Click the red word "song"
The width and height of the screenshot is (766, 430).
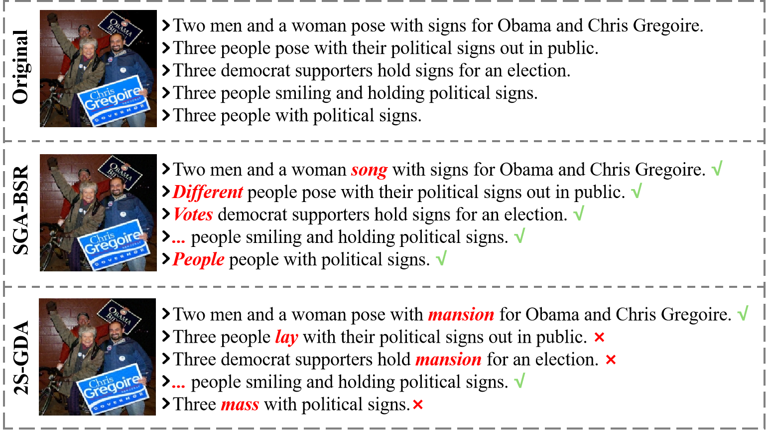point(369,170)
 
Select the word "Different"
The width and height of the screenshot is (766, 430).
point(208,192)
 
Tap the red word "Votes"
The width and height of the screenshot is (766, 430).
point(193,215)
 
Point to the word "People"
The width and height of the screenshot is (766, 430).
point(198,259)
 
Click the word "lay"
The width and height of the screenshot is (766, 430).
point(286,337)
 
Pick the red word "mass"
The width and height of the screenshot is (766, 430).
point(240,405)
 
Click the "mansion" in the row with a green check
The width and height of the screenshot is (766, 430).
point(461,315)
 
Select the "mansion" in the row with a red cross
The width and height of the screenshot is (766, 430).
point(448,360)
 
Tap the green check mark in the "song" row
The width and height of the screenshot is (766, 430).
point(717,169)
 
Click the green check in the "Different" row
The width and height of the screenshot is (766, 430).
point(636,191)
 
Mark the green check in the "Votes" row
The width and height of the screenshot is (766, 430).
point(578,213)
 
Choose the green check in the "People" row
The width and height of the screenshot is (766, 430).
point(441,258)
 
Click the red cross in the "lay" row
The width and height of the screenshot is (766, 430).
point(599,337)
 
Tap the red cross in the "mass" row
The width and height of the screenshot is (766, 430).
point(418,405)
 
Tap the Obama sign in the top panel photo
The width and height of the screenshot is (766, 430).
point(120,28)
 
